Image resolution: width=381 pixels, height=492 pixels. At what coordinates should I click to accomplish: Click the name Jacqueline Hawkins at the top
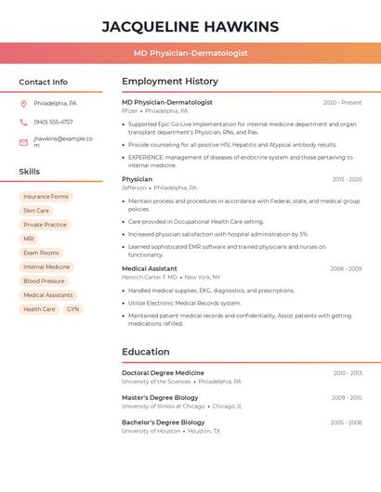pos(190,26)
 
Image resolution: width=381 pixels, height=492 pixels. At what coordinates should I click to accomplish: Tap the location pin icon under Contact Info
pos(23,103)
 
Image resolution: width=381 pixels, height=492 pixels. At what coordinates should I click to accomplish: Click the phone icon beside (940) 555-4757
pos(23,122)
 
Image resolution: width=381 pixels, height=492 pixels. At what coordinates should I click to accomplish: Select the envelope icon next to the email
pos(23,142)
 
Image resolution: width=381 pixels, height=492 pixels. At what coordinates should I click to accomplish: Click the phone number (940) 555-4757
pos(53,122)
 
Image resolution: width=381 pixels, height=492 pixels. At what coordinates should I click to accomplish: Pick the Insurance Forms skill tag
pos(46,197)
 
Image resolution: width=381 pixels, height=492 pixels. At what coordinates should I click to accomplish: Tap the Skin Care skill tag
pos(36,211)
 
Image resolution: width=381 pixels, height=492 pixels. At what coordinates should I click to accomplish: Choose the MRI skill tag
pos(29,239)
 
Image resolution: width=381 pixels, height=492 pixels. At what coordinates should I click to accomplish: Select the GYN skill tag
pos(72,309)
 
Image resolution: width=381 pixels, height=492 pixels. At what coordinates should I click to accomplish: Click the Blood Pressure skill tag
pos(44,280)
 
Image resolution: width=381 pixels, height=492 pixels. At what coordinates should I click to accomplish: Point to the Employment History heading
pos(170,82)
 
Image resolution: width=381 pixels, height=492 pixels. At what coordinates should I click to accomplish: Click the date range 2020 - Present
pos(342,102)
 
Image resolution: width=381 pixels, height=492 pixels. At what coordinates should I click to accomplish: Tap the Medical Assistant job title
pos(149,268)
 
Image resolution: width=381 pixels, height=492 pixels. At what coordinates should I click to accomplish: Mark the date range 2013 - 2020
pos(347,179)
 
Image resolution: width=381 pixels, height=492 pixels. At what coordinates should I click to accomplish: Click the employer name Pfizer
pos(129,110)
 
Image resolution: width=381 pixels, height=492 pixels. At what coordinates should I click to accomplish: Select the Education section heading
pos(146,352)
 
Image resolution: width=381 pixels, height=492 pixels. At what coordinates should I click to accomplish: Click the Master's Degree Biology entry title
pos(160,397)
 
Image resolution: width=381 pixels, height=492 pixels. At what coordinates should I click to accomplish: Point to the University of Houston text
pos(151,431)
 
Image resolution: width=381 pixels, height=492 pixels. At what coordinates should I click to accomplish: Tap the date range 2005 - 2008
pos(346,422)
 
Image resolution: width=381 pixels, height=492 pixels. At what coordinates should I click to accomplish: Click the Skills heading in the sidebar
pos(29,172)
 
